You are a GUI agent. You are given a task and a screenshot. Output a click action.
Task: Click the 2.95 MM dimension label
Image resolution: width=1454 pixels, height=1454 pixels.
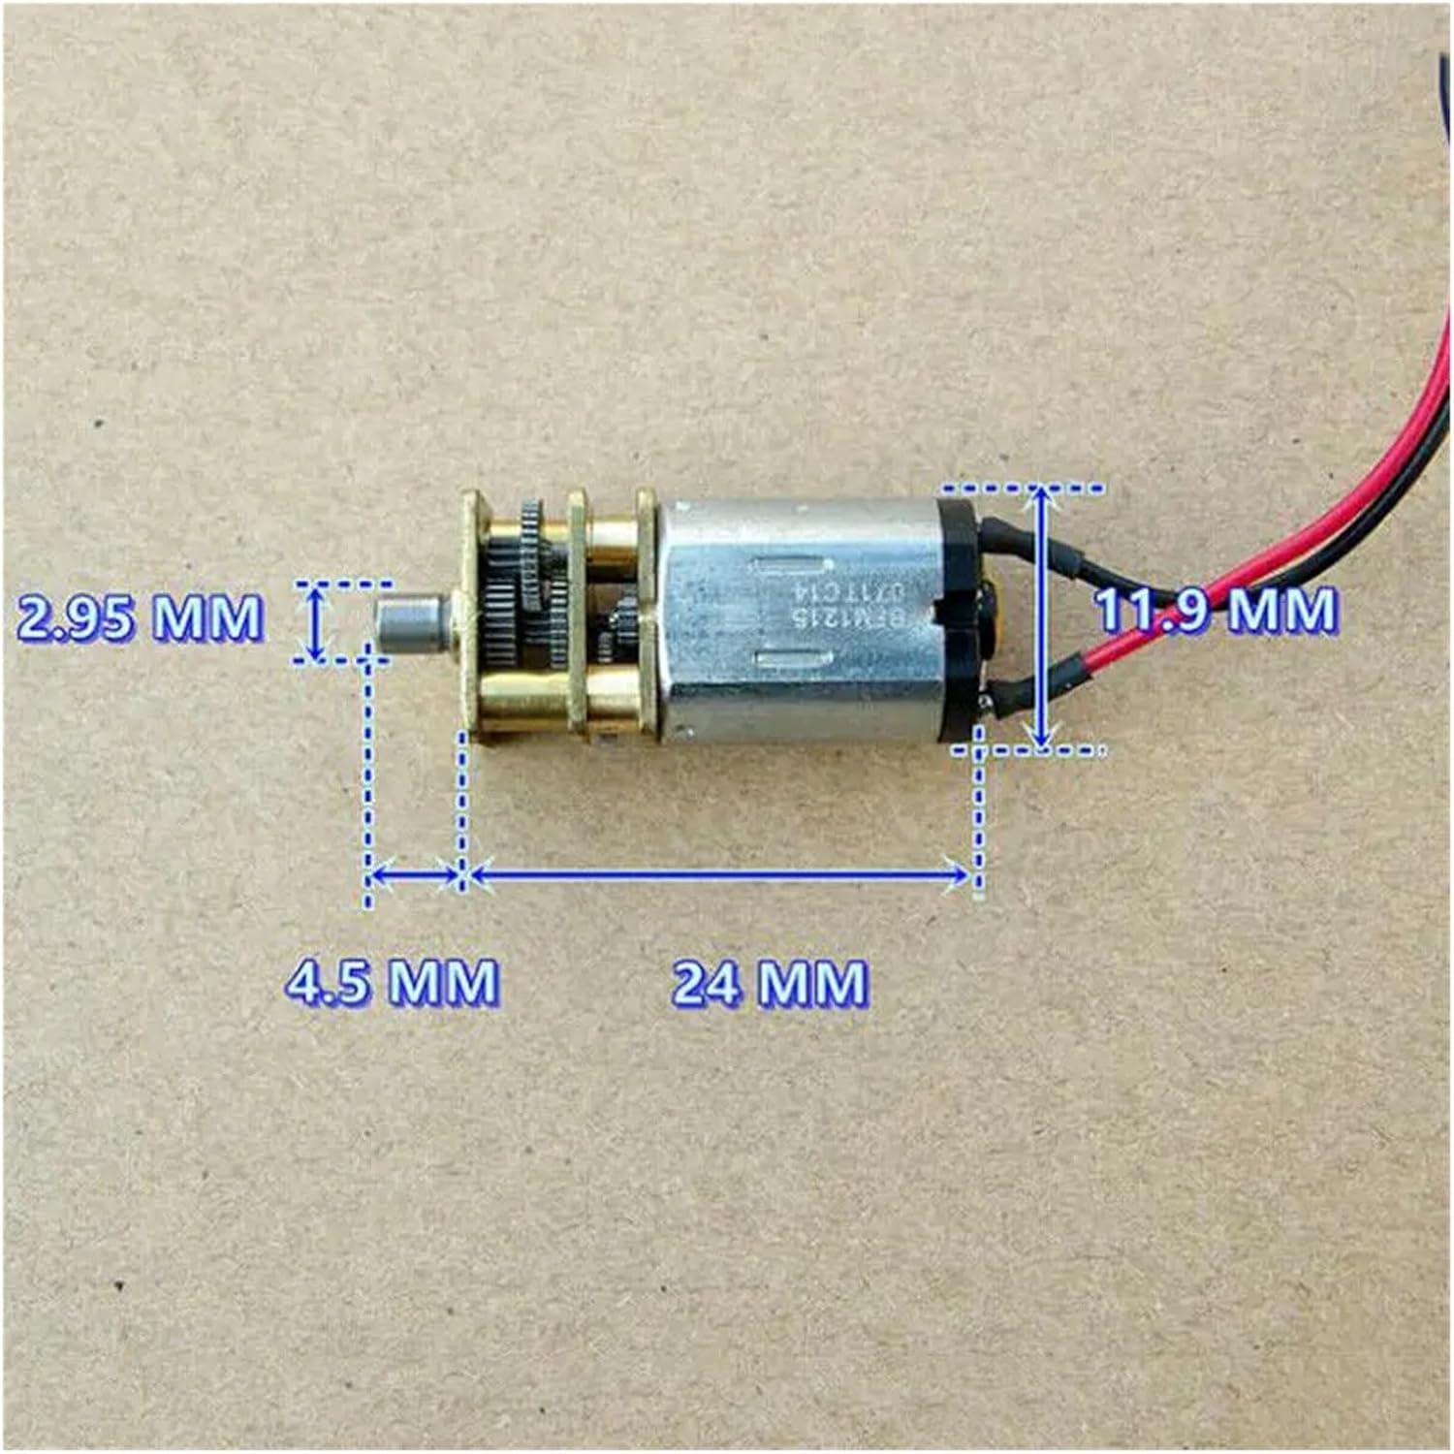tap(140, 617)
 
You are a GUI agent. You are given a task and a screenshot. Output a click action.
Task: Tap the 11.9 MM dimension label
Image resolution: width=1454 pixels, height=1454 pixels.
tap(1215, 611)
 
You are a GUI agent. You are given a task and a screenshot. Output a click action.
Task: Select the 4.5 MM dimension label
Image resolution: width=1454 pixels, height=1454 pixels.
tap(392, 981)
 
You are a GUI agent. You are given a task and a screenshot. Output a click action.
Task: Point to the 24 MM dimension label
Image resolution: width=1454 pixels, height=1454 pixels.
tap(770, 983)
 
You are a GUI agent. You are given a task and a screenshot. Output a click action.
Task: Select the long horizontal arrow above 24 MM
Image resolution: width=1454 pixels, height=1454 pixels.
tap(718, 875)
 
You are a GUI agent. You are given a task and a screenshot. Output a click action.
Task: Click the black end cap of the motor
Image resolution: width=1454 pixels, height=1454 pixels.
tap(960, 620)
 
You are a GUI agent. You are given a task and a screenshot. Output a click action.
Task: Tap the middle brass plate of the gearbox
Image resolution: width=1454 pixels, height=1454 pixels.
tap(578, 611)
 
